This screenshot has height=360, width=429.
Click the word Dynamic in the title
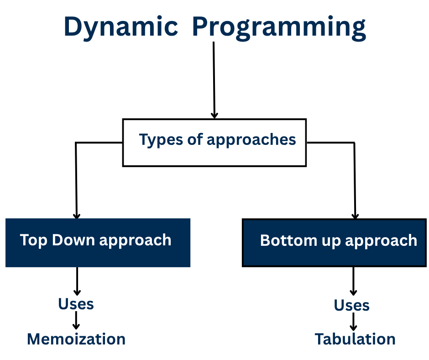(x=120, y=26)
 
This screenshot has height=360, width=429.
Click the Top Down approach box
(x=98, y=243)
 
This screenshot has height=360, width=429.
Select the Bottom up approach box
(x=335, y=243)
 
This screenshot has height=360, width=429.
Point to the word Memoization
(x=76, y=339)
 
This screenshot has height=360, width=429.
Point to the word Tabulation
(x=355, y=339)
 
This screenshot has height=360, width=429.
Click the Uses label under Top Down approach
(x=76, y=304)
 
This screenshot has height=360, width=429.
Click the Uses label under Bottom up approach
(x=351, y=305)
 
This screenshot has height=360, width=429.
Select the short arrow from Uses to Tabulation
(x=353, y=322)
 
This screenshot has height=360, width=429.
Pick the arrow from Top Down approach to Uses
(x=77, y=281)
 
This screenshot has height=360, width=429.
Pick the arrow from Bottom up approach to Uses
(x=353, y=281)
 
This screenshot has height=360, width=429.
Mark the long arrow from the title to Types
(x=214, y=78)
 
